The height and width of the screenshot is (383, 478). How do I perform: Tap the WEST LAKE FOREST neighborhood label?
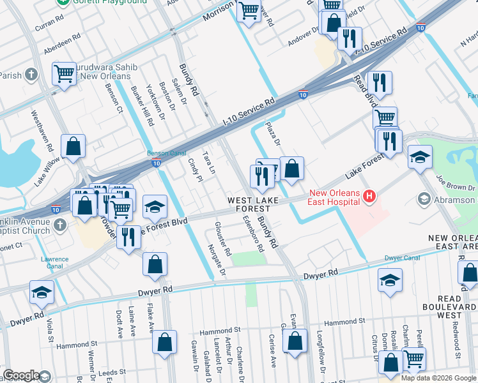tap(254, 205)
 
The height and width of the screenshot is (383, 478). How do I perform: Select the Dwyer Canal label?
tap(402, 258)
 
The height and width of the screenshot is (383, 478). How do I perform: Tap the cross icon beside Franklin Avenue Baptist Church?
tap(59, 225)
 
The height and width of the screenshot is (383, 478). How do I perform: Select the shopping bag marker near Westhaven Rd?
tap(74, 146)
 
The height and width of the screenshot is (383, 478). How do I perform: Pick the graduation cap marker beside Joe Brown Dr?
tap(420, 156)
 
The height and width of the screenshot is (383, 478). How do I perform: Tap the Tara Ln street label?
tap(208, 163)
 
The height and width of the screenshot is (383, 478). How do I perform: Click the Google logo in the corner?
tap(21, 375)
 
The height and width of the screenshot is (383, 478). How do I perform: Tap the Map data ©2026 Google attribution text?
tap(438, 378)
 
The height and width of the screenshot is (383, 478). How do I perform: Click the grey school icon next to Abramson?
tap(423, 200)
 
